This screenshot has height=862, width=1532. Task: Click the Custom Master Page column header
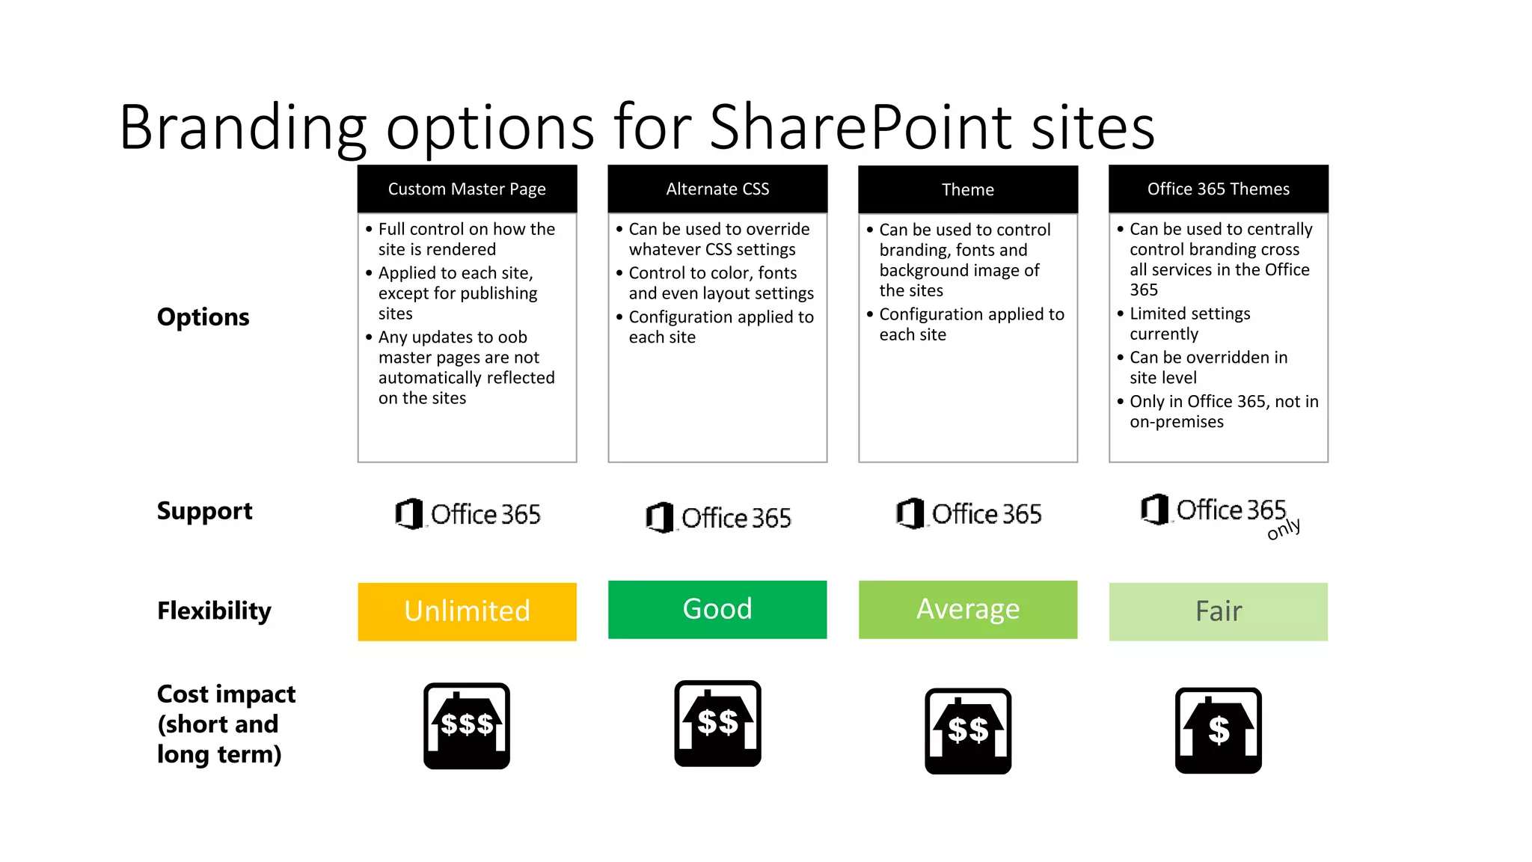pos(467,189)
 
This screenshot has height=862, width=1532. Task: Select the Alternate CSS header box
pos(717,189)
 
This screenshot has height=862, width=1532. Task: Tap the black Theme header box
pos(968,190)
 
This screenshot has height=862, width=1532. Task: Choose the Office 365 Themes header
pos(1218,189)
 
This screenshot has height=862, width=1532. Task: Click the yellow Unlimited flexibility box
pos(467,611)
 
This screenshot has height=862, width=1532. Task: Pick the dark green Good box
pos(717,609)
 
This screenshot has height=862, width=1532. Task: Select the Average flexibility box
pos(968,609)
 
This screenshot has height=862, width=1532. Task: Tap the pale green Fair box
pos(1218,611)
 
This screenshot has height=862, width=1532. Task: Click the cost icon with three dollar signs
pos(467,726)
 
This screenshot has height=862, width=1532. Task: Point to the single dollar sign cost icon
pos(1218,730)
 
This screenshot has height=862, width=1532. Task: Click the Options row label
pos(203,317)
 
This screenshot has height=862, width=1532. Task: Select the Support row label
pos(204,511)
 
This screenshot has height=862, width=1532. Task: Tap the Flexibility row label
pos(214,611)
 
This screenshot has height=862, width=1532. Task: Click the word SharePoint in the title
pos(860,127)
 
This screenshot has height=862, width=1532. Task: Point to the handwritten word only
pos(1284,528)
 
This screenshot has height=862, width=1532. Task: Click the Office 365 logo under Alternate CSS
pos(718,517)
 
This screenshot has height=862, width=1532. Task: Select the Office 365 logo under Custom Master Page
pos(468,514)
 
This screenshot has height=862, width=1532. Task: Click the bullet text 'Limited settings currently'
pos(1189,323)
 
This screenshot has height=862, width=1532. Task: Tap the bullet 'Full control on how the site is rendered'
pos(466,239)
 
